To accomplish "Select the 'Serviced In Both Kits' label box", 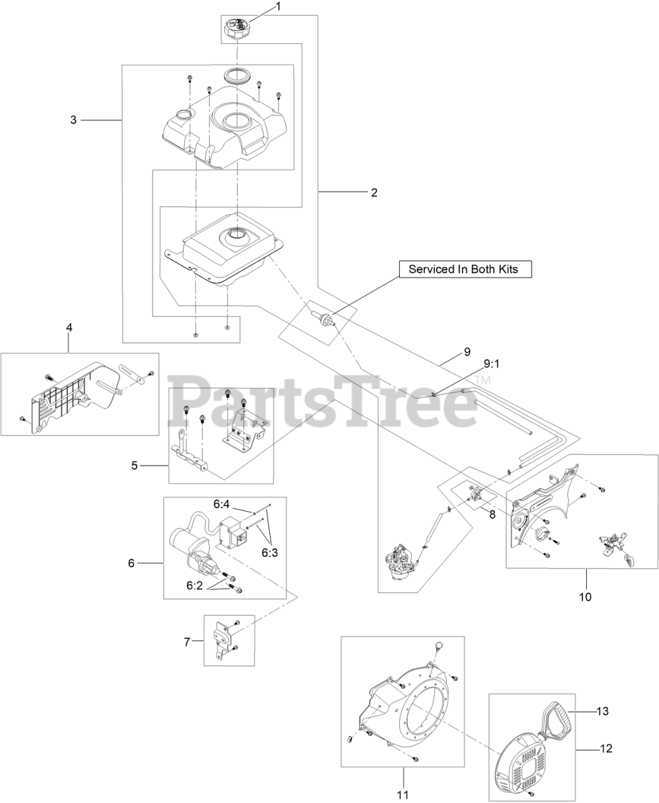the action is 465,269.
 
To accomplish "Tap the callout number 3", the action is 73,120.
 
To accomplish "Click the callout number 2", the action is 374,193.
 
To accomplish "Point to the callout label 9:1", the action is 491,364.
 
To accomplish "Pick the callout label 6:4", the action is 222,504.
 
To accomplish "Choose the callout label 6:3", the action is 270,553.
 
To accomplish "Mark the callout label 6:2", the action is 195,585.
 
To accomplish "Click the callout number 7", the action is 186,642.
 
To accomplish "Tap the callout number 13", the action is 603,711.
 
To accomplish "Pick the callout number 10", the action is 586,597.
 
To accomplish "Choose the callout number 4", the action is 69,327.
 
